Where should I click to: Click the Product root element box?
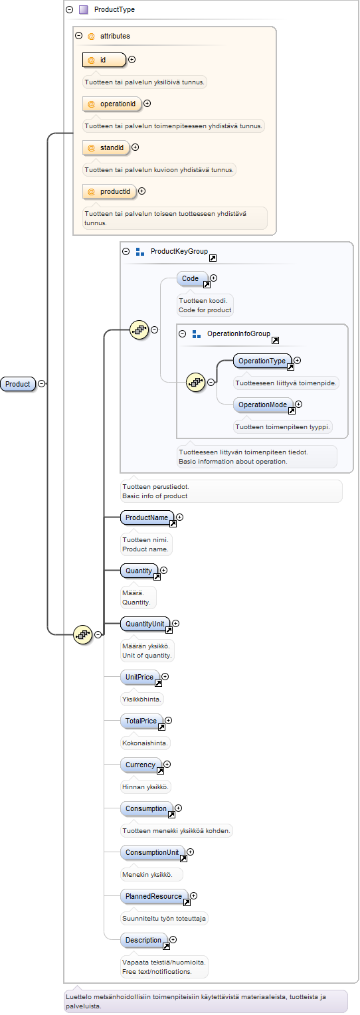pyautogui.click(x=18, y=384)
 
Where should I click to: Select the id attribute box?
pyautogui.click(x=104, y=60)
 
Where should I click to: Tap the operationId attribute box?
pyautogui.click(x=112, y=104)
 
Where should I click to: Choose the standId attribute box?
pyautogui.click(x=106, y=147)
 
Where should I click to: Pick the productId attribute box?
pyautogui.click(x=109, y=192)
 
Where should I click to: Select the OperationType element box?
pyautogui.click(x=262, y=361)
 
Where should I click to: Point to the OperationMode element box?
pyautogui.click(x=263, y=405)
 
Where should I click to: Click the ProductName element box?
pyautogui.click(x=147, y=517)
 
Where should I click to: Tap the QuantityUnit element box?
pyautogui.click(x=145, y=624)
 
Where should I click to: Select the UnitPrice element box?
pyautogui.click(x=140, y=677)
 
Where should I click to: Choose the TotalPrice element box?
pyautogui.click(x=141, y=721)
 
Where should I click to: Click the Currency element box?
pyautogui.click(x=141, y=765)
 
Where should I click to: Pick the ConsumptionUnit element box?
pyautogui.click(x=153, y=853)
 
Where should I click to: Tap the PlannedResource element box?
pyautogui.click(x=154, y=896)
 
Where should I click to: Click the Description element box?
pyautogui.click(x=144, y=940)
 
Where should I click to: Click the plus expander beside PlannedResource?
pyautogui.click(x=194, y=896)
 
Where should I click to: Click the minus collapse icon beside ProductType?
pyautogui.click(x=69, y=9)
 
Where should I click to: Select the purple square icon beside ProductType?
pyautogui.click(x=83, y=9)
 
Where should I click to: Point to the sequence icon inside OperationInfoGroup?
pyautogui.click(x=196, y=383)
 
